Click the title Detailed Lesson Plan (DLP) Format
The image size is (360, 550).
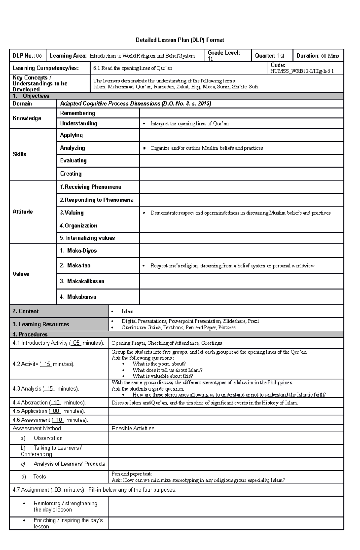(x=180, y=40)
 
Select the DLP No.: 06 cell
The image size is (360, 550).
(x=27, y=56)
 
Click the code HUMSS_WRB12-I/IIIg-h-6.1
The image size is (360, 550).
(x=302, y=71)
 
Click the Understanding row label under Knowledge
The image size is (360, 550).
(x=79, y=123)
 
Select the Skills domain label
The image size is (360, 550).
(x=19, y=154)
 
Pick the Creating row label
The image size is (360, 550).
(x=71, y=174)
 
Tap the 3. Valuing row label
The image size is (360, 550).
(x=72, y=213)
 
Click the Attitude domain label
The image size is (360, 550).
(x=22, y=212)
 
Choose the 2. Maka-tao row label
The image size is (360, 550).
(x=75, y=266)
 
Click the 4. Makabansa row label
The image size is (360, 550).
(x=78, y=297)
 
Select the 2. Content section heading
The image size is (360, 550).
(x=25, y=311)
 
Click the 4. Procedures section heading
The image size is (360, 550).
(x=30, y=334)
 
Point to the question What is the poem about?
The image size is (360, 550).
(x=159, y=364)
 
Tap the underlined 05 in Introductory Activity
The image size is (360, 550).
(x=76, y=343)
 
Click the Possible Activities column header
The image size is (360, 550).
(x=133, y=428)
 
